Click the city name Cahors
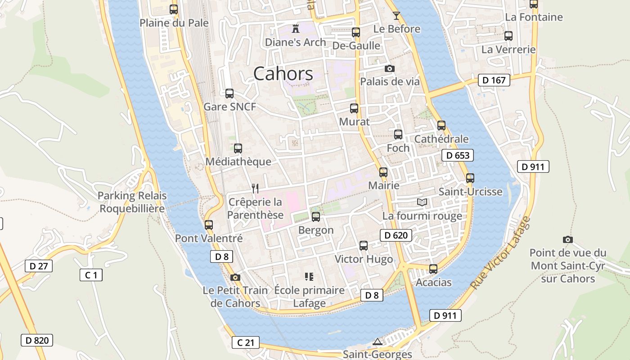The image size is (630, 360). pos(283,73)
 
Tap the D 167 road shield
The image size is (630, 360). pos(494,81)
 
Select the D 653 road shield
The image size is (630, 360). pos(458,156)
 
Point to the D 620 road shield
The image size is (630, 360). pos(396,235)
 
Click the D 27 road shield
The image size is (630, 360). pos(39,266)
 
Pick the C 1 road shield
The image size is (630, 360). pos(91,274)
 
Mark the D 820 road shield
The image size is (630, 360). pos(37,340)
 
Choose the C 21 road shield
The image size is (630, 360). pos(246,342)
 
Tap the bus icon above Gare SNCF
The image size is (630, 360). pos(229,94)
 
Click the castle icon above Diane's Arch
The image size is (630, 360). pos(296,29)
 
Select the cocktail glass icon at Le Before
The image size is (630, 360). pos(396,16)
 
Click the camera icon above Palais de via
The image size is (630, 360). pos(390,68)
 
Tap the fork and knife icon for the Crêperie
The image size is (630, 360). pos(255,188)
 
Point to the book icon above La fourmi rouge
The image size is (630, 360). pos(422,202)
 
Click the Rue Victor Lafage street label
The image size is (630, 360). pos(500,253)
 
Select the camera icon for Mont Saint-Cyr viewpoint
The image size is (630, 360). pos(568,239)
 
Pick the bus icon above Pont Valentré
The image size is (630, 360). pos(209,225)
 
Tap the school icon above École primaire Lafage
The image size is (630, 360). pos(309,276)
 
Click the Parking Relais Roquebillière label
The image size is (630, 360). pos(132,202)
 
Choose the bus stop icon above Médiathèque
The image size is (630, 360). pos(238,148)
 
